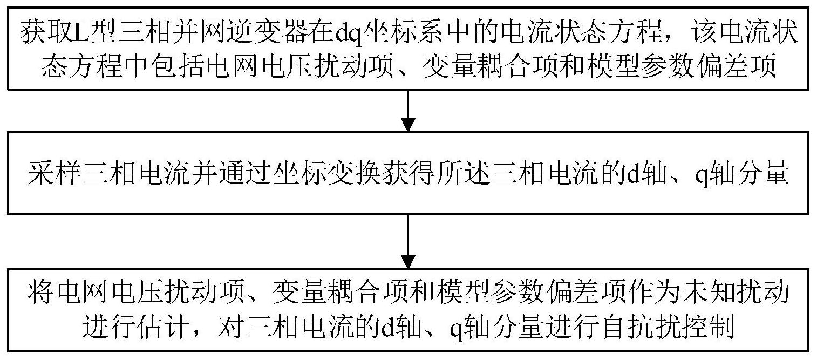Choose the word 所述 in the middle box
(x=451, y=176)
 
